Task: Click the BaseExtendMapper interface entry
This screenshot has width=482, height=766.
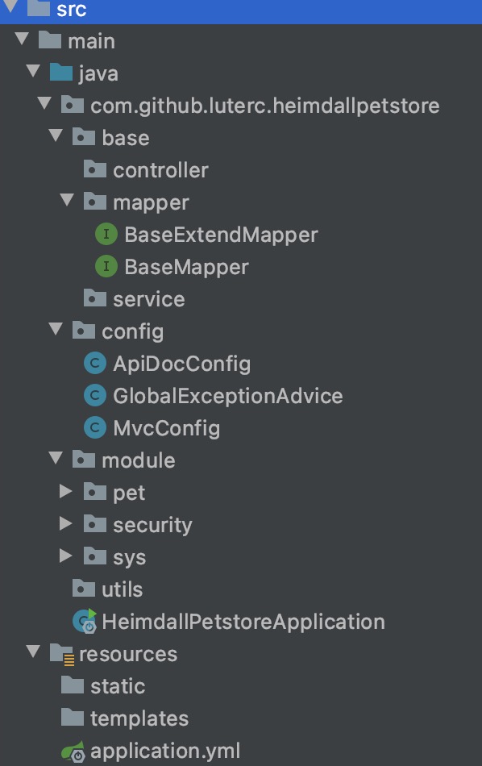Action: pos(221,235)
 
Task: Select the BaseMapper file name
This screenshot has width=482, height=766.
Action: pos(186,267)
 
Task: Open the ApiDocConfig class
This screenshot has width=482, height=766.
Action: pos(181,364)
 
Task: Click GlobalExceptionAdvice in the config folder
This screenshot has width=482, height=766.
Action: pos(228,396)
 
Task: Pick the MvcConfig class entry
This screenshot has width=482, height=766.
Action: pos(167,428)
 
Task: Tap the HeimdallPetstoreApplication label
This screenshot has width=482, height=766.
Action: pos(243,622)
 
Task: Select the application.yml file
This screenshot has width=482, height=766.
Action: pos(165,751)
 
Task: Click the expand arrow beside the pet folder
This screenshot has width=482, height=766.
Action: pos(65,491)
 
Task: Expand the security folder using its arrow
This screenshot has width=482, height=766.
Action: pos(65,523)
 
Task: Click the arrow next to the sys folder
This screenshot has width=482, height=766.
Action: pos(65,556)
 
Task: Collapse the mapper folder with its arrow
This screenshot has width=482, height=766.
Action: pos(67,200)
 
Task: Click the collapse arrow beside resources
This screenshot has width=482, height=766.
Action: pos(33,652)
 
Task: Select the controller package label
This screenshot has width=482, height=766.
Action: pos(160,170)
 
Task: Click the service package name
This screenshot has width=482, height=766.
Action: pos(149,299)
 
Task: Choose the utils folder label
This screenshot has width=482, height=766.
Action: pos(122,589)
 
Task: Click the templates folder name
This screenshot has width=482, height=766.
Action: pos(139,718)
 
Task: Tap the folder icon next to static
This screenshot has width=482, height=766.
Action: pos(73,685)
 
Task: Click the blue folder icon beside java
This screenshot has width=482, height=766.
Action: pos(61,73)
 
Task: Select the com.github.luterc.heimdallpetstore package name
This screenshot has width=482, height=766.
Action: pos(264,106)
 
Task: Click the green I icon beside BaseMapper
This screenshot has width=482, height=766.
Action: pos(106,266)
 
